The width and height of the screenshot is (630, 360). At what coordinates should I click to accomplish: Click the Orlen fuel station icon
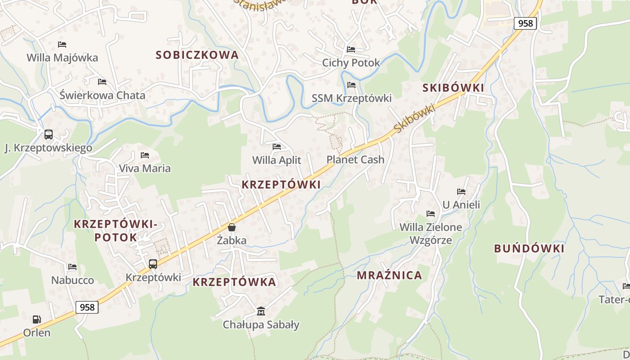[x=36, y=319]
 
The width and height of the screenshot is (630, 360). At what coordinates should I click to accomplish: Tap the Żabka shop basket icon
[x=232, y=227]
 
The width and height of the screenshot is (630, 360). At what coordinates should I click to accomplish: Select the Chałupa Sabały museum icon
[x=261, y=311]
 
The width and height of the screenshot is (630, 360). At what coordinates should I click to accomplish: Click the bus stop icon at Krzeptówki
[x=153, y=264]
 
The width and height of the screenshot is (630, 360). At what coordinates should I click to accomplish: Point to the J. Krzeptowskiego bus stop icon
[x=48, y=135]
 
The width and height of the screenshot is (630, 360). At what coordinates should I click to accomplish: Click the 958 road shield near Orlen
[x=87, y=307]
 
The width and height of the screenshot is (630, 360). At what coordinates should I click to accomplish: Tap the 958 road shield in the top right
[x=525, y=23]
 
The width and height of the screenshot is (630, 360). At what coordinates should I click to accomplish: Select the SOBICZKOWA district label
[x=197, y=55]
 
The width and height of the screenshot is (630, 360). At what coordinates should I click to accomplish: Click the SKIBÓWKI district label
[x=453, y=88]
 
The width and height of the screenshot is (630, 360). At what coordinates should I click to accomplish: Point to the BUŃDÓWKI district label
[x=529, y=248]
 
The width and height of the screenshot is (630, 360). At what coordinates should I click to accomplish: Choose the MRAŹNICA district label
[x=389, y=275]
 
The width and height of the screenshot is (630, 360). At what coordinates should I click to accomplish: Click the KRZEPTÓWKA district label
[x=234, y=282]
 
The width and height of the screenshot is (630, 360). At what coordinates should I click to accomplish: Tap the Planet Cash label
[x=355, y=159]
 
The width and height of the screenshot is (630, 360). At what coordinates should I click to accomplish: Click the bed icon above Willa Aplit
[x=277, y=147]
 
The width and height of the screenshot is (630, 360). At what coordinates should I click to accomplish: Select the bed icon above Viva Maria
[x=145, y=155]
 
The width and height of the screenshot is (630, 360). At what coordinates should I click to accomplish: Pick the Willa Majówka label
[x=62, y=58]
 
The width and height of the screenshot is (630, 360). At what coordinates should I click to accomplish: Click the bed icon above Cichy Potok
[x=351, y=49]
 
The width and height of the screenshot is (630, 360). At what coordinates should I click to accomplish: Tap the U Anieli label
[x=461, y=205]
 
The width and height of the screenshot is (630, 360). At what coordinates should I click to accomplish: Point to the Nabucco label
[x=72, y=280]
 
